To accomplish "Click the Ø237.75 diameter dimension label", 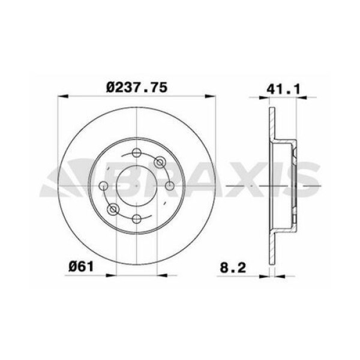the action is click(x=137, y=88).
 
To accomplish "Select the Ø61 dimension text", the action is click(x=81, y=267).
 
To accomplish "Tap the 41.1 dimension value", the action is click(x=283, y=89).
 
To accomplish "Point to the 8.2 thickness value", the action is click(x=233, y=268).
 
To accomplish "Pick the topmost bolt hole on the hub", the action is click(x=137, y=152).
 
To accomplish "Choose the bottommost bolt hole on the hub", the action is click(x=137, y=218).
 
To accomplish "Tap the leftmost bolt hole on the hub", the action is click(x=103, y=185).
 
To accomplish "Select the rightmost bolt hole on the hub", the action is click(x=170, y=185).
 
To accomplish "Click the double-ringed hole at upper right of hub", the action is click(x=160, y=163).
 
